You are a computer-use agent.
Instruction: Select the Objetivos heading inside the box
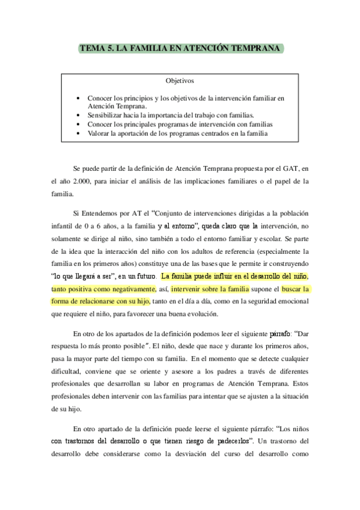click(180, 81)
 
